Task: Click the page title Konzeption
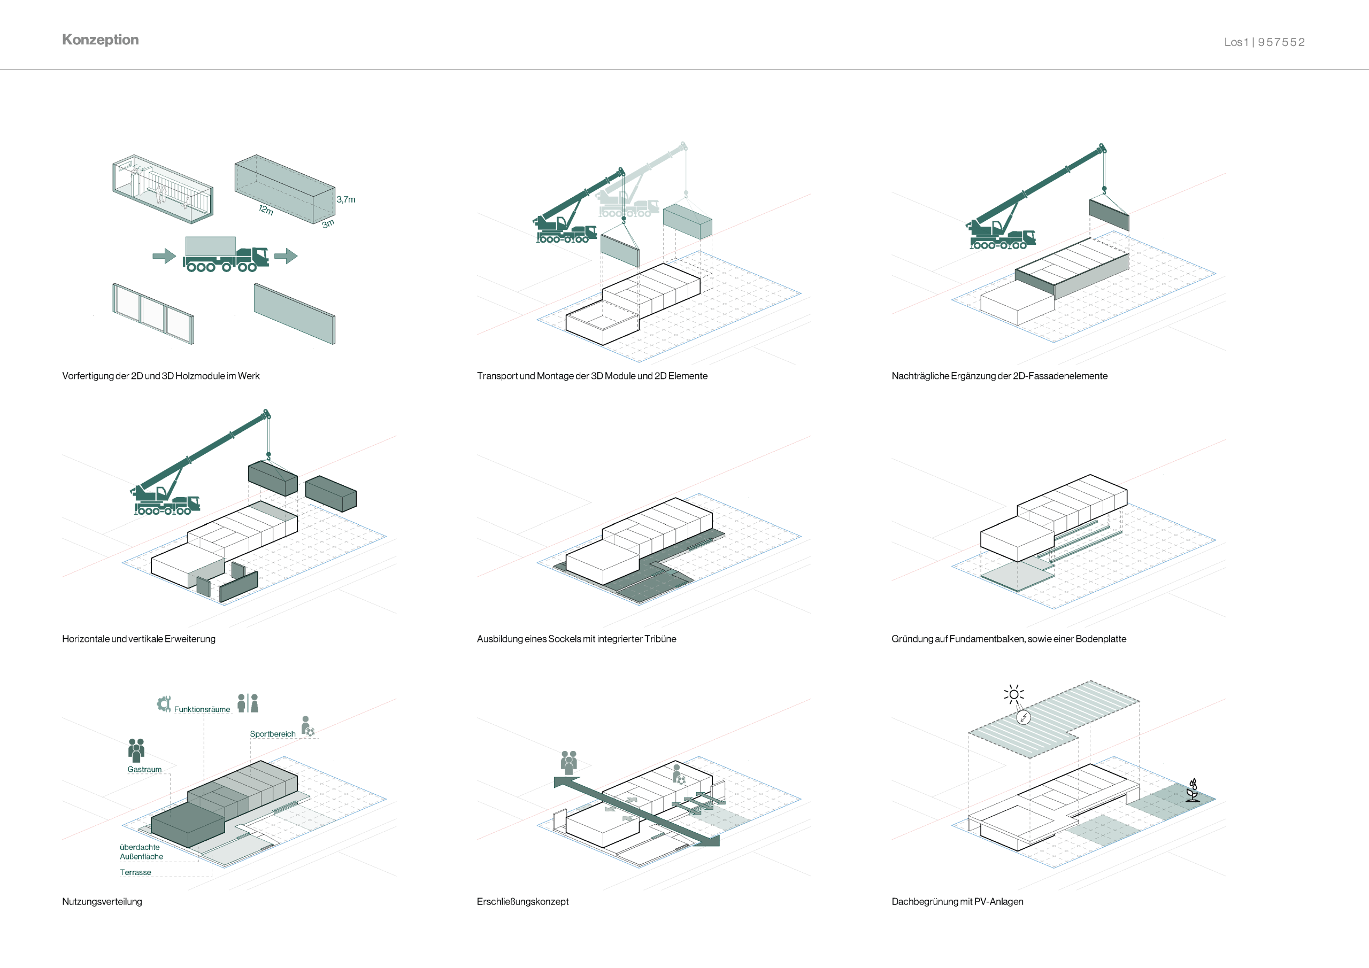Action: pyautogui.click(x=100, y=40)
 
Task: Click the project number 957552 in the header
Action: pyautogui.click(x=1281, y=42)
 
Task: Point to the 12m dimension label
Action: pyautogui.click(x=266, y=210)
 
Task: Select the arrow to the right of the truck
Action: pyautogui.click(x=286, y=257)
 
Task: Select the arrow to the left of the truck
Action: pyautogui.click(x=164, y=257)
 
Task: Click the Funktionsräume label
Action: pyautogui.click(x=202, y=709)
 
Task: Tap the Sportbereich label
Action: pyautogui.click(x=273, y=734)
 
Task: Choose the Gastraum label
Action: pyautogui.click(x=144, y=770)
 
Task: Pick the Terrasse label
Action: pyautogui.click(x=135, y=872)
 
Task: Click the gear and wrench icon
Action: pyautogui.click(x=164, y=704)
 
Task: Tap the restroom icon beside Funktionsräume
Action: pyautogui.click(x=248, y=703)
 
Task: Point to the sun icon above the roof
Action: pyautogui.click(x=1013, y=694)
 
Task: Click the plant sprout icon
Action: pyautogui.click(x=1193, y=791)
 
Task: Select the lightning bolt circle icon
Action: pyautogui.click(x=1023, y=717)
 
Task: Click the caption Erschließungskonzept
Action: pyautogui.click(x=522, y=902)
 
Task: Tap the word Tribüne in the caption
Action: pyautogui.click(x=660, y=639)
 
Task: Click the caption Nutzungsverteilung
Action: pyautogui.click(x=102, y=902)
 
